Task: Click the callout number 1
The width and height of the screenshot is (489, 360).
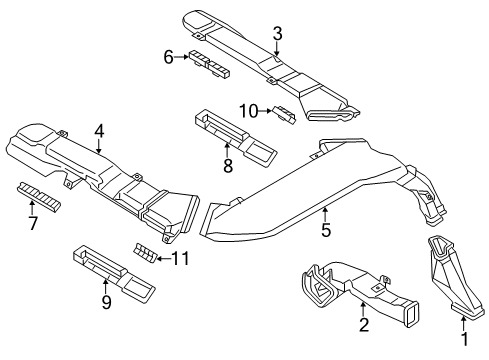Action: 463,347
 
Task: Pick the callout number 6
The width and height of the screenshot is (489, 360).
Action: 169,58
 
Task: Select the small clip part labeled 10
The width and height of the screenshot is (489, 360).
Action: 285,112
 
